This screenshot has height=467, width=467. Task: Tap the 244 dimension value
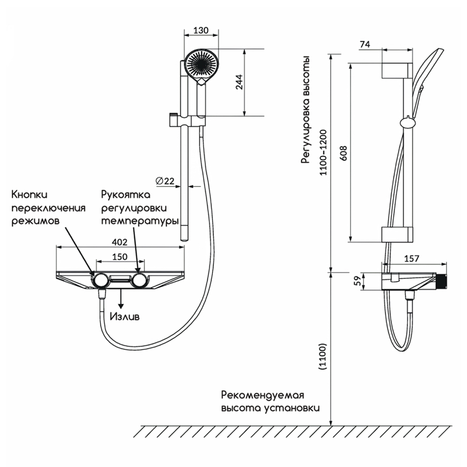click(239, 82)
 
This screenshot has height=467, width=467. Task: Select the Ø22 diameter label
click(165, 181)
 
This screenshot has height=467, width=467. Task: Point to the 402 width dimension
click(120, 242)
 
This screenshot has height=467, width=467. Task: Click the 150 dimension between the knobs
click(120, 256)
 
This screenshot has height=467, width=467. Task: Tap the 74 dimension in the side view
click(365, 44)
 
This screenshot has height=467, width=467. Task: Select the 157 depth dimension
click(411, 259)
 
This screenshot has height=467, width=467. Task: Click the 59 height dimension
click(357, 281)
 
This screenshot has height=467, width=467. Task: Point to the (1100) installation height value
click(323, 356)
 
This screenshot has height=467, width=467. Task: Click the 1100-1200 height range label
click(323, 152)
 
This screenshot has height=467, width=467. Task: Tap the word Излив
click(125, 316)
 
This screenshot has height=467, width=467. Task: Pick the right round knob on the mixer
click(139, 280)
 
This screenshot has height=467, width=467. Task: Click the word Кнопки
click(29, 194)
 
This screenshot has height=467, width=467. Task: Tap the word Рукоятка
click(126, 195)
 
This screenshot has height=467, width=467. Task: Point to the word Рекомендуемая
click(262, 395)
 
